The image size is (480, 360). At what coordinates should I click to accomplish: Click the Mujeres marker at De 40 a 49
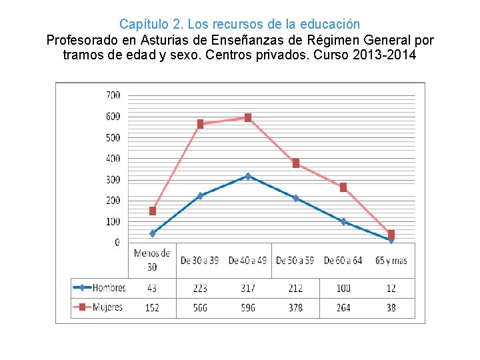point(248,118)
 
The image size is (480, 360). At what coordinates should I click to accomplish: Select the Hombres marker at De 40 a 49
point(248,177)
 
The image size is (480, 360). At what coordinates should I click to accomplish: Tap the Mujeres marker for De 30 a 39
point(200,124)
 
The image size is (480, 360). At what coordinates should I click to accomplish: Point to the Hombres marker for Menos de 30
point(153,233)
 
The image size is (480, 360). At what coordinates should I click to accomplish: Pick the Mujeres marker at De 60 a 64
point(343,187)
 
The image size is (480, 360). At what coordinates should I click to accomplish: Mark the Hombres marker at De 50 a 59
point(295,198)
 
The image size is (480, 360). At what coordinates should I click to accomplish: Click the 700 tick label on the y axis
point(113,95)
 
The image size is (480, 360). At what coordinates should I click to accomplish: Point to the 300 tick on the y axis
point(113,180)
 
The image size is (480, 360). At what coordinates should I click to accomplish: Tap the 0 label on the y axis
point(117,243)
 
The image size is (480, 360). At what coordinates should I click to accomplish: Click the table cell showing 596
point(248,307)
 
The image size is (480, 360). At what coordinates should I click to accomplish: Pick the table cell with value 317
point(248,288)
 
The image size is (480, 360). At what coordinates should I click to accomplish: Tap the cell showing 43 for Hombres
point(153,288)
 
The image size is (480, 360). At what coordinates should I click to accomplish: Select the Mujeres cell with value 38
point(391,307)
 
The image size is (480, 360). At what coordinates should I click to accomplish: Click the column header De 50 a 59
point(295,260)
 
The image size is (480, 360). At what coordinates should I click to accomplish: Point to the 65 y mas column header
point(391,260)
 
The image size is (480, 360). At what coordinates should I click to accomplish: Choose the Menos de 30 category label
point(153,260)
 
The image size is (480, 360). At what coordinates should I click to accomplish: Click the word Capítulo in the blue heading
point(140,25)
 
